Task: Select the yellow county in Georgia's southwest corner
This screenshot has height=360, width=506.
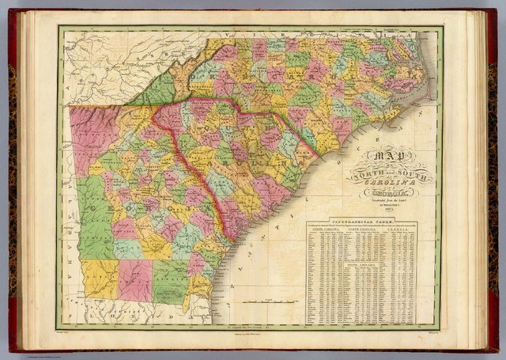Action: (100, 278)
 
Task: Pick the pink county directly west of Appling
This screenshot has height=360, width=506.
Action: (134, 279)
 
